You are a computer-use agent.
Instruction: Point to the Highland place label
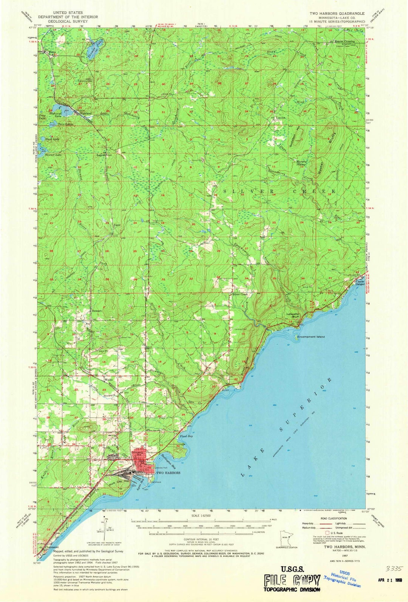[x=85, y=113]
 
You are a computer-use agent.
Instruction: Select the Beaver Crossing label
[x=344, y=41]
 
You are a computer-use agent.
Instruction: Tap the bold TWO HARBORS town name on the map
[x=168, y=473]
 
